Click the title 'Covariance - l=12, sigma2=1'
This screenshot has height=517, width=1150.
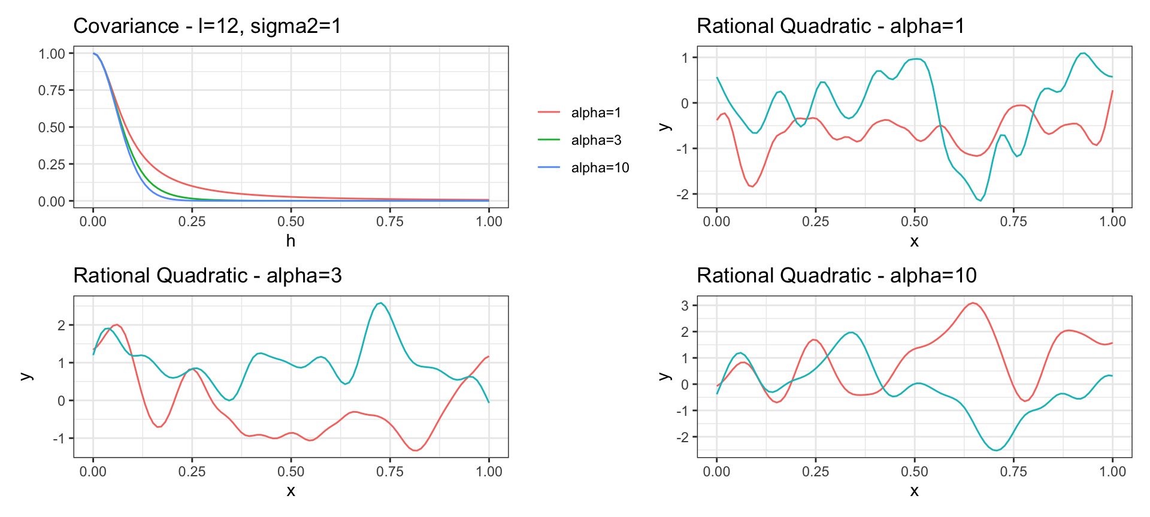(207, 26)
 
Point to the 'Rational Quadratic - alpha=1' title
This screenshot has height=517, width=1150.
(830, 26)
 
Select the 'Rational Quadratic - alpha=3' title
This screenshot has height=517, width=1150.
(207, 276)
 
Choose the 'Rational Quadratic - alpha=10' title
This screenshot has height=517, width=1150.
(836, 276)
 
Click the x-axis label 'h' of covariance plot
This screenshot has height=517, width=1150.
(290, 241)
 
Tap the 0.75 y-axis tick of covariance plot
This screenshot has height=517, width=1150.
(52, 90)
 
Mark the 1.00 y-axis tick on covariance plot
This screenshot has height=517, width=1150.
(52, 54)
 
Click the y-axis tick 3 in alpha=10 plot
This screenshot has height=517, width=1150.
(685, 305)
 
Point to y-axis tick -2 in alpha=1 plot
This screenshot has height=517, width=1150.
(682, 194)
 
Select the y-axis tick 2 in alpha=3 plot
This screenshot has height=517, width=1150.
(62, 326)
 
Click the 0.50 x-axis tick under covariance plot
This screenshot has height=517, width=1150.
(290, 221)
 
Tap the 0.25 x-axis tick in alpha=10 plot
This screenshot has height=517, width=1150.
(815, 472)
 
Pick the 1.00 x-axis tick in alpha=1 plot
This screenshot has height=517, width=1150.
(1112, 221)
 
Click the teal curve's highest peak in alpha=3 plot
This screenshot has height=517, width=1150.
(381, 303)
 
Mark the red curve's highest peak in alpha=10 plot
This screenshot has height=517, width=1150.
(973, 303)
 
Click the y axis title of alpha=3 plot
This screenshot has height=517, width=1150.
(26, 376)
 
